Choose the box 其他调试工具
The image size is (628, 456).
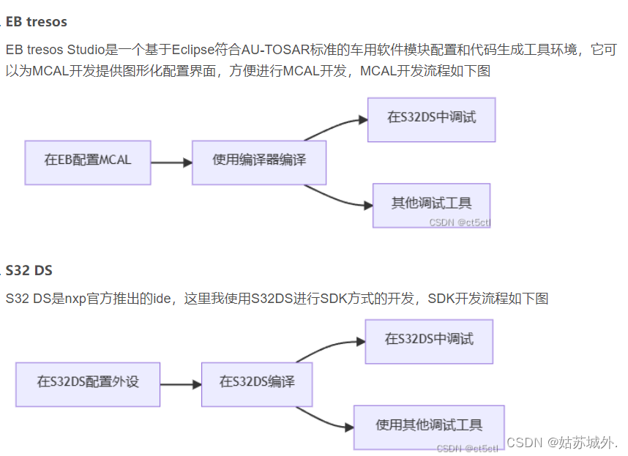[431, 204]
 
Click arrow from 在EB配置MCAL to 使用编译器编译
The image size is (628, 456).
[171, 162]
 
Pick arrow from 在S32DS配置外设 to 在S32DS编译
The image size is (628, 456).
[180, 384]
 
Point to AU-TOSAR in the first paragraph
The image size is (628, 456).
[272, 51]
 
